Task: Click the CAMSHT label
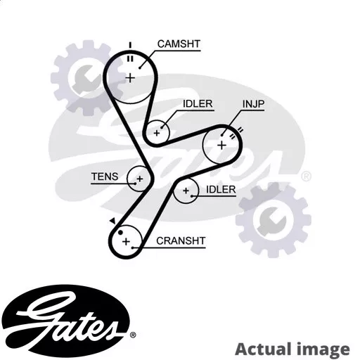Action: pos(179,44)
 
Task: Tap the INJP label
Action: pos(253,104)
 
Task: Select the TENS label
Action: pos(105,176)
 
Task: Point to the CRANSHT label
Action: pos(181,240)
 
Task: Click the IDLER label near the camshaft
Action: pos(198,103)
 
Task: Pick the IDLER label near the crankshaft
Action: pos(221,189)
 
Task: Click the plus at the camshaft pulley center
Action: pos(130,78)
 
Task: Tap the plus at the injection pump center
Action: pos(221,146)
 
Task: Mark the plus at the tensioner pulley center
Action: pos(140,179)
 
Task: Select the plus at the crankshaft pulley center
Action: pos(126,241)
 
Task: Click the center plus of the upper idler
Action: pos(157,133)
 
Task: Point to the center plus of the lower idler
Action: pos(186,191)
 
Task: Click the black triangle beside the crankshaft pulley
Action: pos(113,221)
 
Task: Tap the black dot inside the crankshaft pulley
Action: pos(120,233)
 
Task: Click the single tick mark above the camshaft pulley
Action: pos(130,45)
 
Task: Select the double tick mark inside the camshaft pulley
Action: pos(130,59)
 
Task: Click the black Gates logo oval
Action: pos(65,321)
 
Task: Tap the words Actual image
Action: pos(292,349)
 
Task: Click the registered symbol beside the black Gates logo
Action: pos(133,335)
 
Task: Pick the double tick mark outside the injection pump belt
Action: pos(240,130)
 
